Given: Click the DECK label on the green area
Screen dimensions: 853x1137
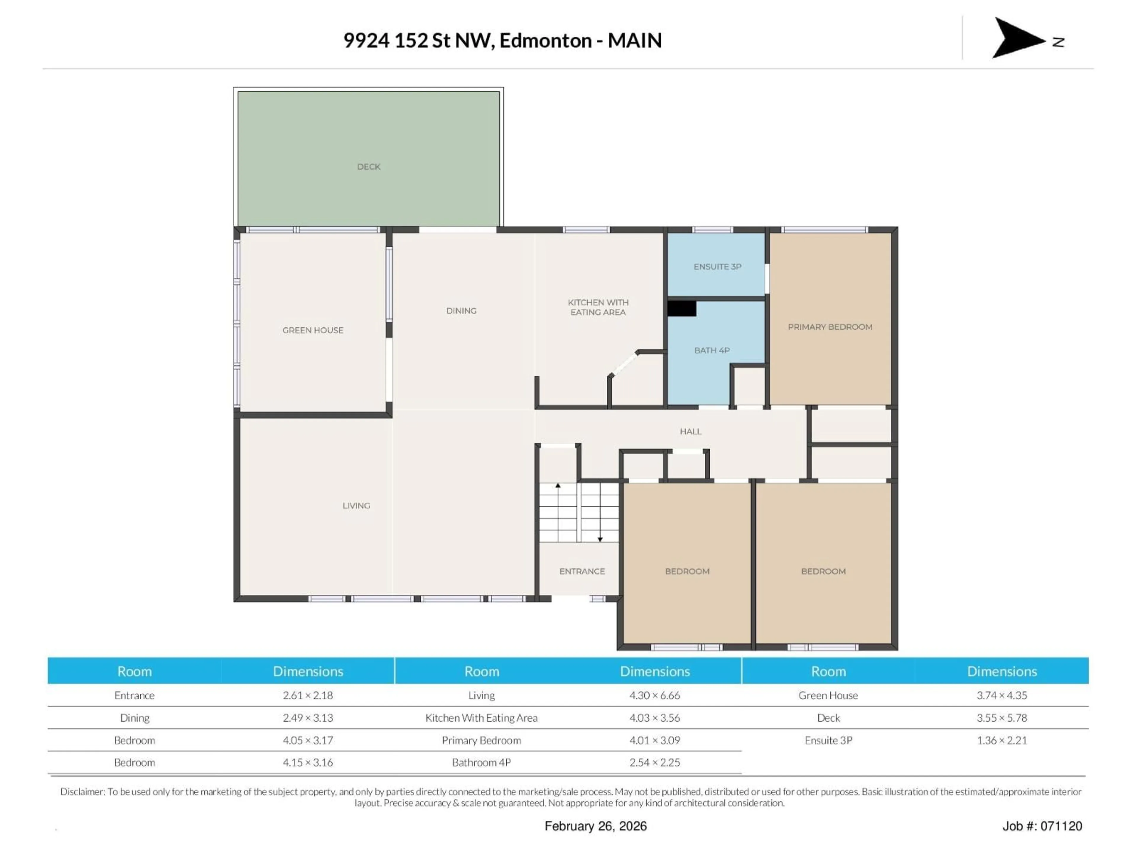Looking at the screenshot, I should click(369, 166).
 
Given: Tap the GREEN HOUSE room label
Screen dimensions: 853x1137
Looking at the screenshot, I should click(312, 330).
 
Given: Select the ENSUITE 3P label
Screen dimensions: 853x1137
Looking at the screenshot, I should click(717, 266).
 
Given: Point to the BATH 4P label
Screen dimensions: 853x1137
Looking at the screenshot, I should click(712, 350).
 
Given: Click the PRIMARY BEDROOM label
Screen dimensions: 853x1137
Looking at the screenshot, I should click(830, 327).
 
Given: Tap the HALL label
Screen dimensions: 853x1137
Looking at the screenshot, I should click(690, 431).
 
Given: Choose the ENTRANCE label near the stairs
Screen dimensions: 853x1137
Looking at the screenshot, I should click(582, 571).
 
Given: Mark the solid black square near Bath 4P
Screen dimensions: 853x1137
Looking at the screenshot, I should click(682, 309).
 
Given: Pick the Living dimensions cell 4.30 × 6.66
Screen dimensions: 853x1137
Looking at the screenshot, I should click(654, 695).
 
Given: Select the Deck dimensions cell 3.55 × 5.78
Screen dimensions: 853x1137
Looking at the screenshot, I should click(1001, 718).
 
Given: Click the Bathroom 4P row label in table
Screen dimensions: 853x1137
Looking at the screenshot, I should click(481, 762).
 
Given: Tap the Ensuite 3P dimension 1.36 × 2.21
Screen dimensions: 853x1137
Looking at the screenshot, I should click(1001, 740).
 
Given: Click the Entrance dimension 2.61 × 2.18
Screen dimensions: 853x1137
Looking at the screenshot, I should click(307, 695).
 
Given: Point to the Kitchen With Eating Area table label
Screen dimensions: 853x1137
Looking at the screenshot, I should click(481, 718).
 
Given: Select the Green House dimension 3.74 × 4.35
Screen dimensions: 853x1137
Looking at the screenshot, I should click(1001, 695).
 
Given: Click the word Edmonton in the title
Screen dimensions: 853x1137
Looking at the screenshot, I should click(545, 41).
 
